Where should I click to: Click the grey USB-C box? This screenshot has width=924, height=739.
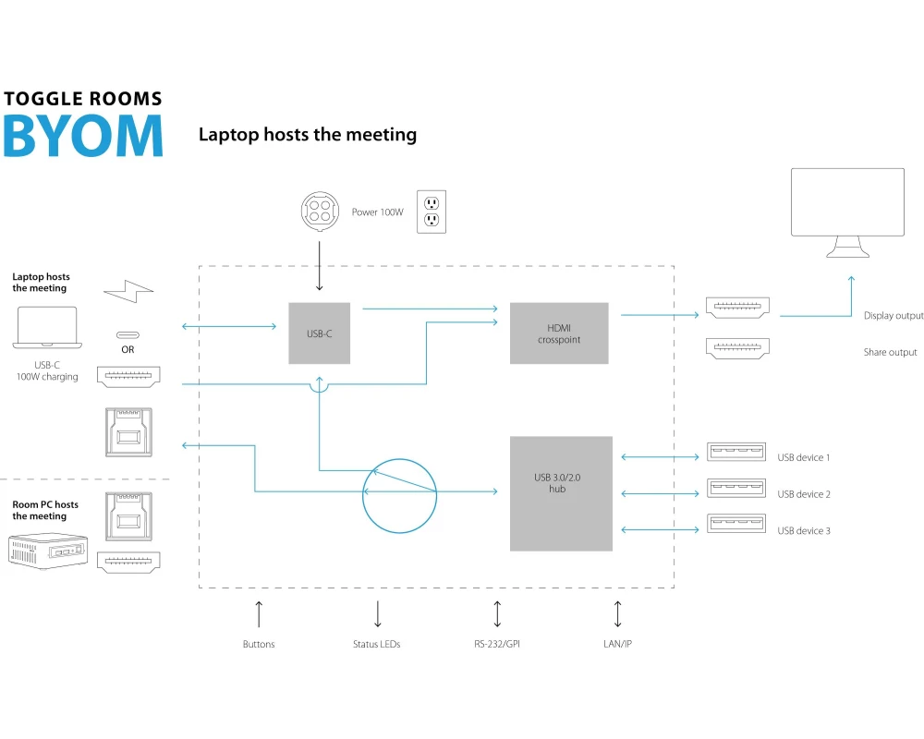319,333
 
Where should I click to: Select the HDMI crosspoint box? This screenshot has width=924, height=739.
559,333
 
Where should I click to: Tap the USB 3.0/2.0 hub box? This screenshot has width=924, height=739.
561,492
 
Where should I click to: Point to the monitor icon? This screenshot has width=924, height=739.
847,212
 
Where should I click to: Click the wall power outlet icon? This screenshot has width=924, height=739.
431,212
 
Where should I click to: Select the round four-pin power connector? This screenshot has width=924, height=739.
320,212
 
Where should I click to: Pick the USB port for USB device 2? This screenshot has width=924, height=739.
736,488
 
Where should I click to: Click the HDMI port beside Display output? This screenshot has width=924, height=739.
738,309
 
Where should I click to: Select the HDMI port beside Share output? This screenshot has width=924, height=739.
738,349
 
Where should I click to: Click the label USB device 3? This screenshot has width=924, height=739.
804,531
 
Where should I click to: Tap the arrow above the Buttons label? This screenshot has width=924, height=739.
259,613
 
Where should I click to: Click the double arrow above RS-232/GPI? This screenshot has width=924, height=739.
497,613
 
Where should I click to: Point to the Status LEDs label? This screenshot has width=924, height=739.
377,644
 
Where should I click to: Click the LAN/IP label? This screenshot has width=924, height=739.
617,644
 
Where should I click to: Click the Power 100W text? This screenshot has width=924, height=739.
377,212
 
